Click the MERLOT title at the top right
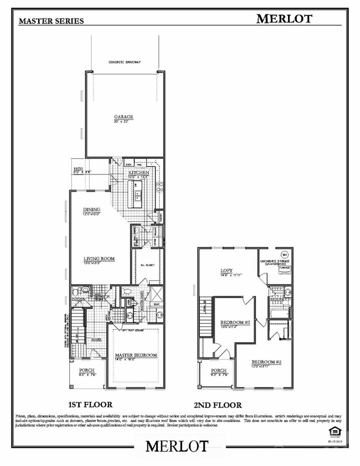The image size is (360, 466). [x=284, y=18]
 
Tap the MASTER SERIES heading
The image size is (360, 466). [x=51, y=21]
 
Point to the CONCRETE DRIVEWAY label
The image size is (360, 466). [x=125, y=62]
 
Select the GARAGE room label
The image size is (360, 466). [x=122, y=117]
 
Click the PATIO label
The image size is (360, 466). [x=78, y=169]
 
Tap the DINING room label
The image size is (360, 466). [x=92, y=209]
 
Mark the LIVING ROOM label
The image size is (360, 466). [x=99, y=258]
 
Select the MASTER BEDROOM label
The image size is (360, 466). [x=135, y=355]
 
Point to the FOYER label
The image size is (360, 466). [x=96, y=338]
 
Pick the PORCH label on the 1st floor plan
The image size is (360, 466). [x=86, y=370]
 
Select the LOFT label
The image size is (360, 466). [x=227, y=271]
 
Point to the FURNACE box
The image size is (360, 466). [x=284, y=268]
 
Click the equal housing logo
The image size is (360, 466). [x=330, y=431]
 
